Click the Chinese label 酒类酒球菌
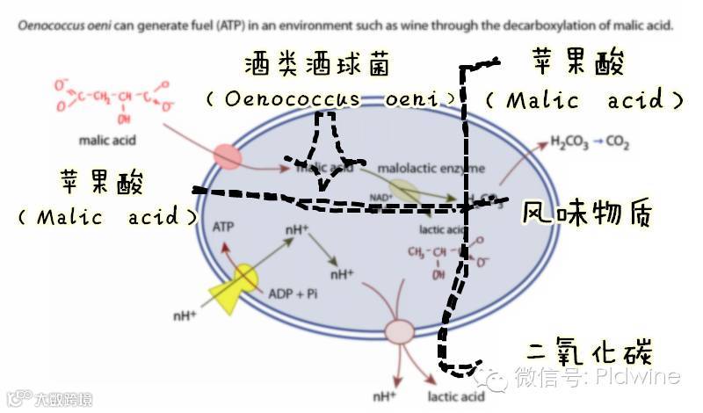318,65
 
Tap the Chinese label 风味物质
588,214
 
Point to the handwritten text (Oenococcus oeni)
332,98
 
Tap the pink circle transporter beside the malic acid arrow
228,156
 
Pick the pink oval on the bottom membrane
400,331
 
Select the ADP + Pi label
293,293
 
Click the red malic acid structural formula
110,98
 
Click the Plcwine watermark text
637,378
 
